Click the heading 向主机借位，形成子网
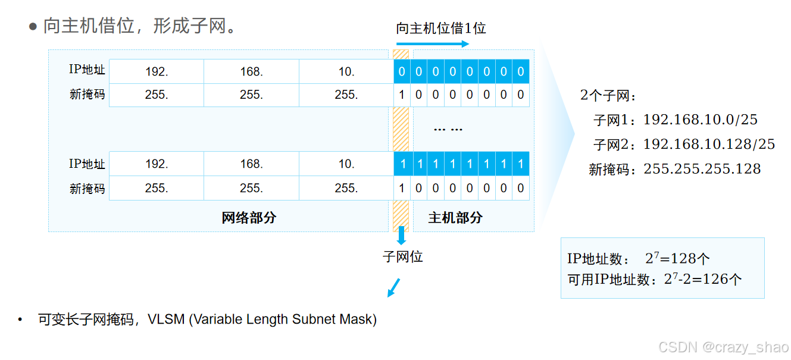[x=140, y=26]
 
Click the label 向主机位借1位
[x=441, y=28]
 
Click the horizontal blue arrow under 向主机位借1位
[x=433, y=43]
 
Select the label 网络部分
[x=249, y=218]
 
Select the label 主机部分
[x=455, y=218]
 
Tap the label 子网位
[x=402, y=256]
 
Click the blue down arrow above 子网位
[x=401, y=236]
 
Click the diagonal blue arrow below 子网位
[x=394, y=287]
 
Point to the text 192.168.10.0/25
[x=701, y=120]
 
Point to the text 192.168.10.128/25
[x=709, y=144]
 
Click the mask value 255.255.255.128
[x=702, y=169]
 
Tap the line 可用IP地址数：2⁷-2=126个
[x=654, y=279]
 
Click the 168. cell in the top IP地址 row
[x=251, y=71]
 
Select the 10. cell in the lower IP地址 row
[x=346, y=164]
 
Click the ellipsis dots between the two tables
[x=448, y=129]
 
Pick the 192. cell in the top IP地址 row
[x=157, y=71]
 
